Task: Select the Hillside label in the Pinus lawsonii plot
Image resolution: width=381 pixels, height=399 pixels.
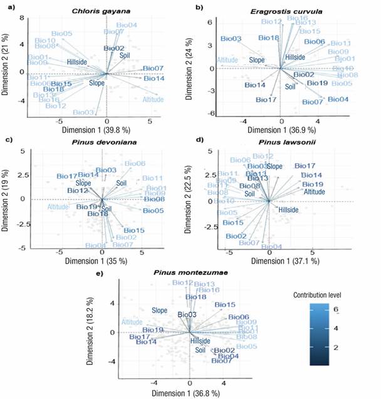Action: [x=290, y=210]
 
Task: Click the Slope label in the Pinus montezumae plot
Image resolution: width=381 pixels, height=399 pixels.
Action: [x=159, y=310]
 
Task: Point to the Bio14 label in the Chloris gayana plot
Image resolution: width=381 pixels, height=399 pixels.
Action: [x=154, y=78]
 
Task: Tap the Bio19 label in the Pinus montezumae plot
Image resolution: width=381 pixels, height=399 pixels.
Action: [x=153, y=329]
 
